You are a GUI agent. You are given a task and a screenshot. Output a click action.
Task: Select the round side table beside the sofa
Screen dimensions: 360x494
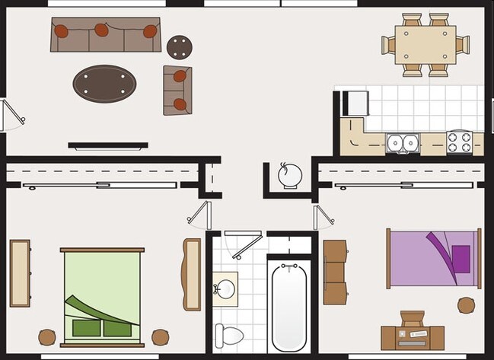point(180,46)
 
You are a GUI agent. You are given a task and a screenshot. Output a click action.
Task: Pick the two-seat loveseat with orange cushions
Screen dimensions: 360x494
point(177,89)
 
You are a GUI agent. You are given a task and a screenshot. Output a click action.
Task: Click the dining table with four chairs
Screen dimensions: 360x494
point(426,45)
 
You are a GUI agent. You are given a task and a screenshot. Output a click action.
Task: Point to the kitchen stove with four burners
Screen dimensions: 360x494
point(459,142)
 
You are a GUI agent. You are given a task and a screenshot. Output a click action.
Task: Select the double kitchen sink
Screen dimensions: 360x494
point(402,142)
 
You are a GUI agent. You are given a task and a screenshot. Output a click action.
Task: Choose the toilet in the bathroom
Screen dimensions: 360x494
point(228,333)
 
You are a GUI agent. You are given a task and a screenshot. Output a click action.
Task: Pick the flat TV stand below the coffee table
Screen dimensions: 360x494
point(106,145)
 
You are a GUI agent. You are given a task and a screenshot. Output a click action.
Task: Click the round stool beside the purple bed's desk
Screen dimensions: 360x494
point(466,305)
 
